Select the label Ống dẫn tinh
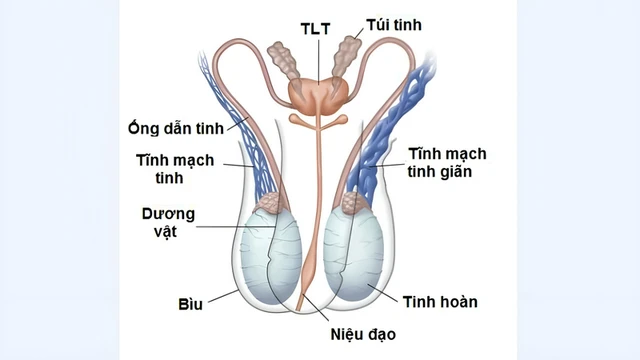point(174,128)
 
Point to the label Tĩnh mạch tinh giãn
point(446,162)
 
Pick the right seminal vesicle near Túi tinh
point(351,58)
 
